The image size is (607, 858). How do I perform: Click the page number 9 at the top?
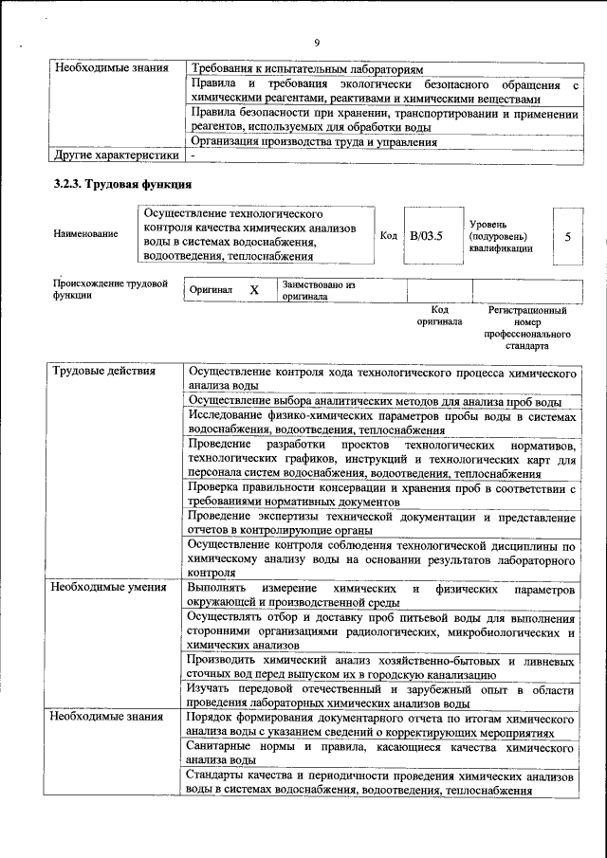pos(317,41)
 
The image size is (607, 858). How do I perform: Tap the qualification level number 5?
pos(567,235)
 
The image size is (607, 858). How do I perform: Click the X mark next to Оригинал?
pos(254,290)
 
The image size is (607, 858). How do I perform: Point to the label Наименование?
pos(86,233)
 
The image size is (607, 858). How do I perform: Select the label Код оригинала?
pos(439,316)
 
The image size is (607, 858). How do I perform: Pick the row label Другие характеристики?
pos(116,155)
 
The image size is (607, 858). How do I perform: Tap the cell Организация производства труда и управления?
pos(313,142)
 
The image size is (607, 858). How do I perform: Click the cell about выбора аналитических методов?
pos(380,401)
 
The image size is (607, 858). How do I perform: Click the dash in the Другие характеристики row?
pos(193,155)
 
